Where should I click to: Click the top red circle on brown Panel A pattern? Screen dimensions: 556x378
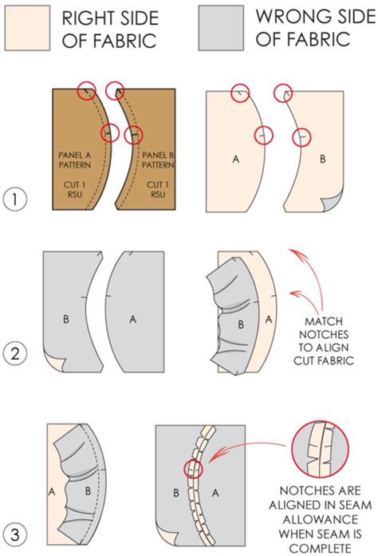[87, 91]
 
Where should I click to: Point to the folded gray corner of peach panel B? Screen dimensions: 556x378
[335, 205]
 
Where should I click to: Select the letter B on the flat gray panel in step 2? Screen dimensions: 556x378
[65, 318]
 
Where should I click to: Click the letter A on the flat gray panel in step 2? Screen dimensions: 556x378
[132, 318]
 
